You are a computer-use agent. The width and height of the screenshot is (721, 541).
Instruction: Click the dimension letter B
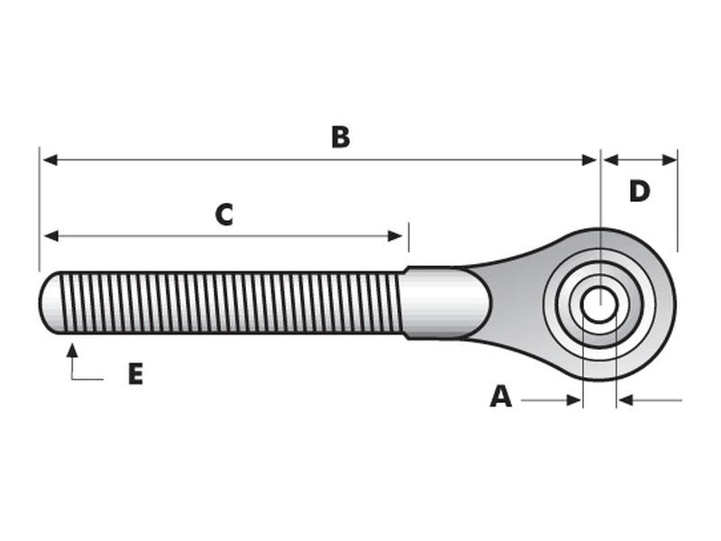point(341,137)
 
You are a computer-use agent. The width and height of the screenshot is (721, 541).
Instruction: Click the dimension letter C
point(224,215)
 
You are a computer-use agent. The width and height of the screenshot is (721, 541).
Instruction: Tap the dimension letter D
point(639,191)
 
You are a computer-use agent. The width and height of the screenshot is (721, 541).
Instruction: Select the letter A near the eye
point(501,397)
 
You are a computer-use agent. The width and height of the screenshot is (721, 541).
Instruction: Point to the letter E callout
point(136,373)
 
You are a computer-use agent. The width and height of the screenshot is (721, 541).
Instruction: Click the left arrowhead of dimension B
point(50,160)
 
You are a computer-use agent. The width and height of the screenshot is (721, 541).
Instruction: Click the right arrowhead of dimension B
point(589,160)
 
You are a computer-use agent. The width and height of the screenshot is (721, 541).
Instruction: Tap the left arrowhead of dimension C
point(51,236)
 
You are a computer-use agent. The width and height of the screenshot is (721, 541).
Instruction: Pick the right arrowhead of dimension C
point(395,236)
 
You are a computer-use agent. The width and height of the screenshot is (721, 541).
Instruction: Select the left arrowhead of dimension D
point(611,160)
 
